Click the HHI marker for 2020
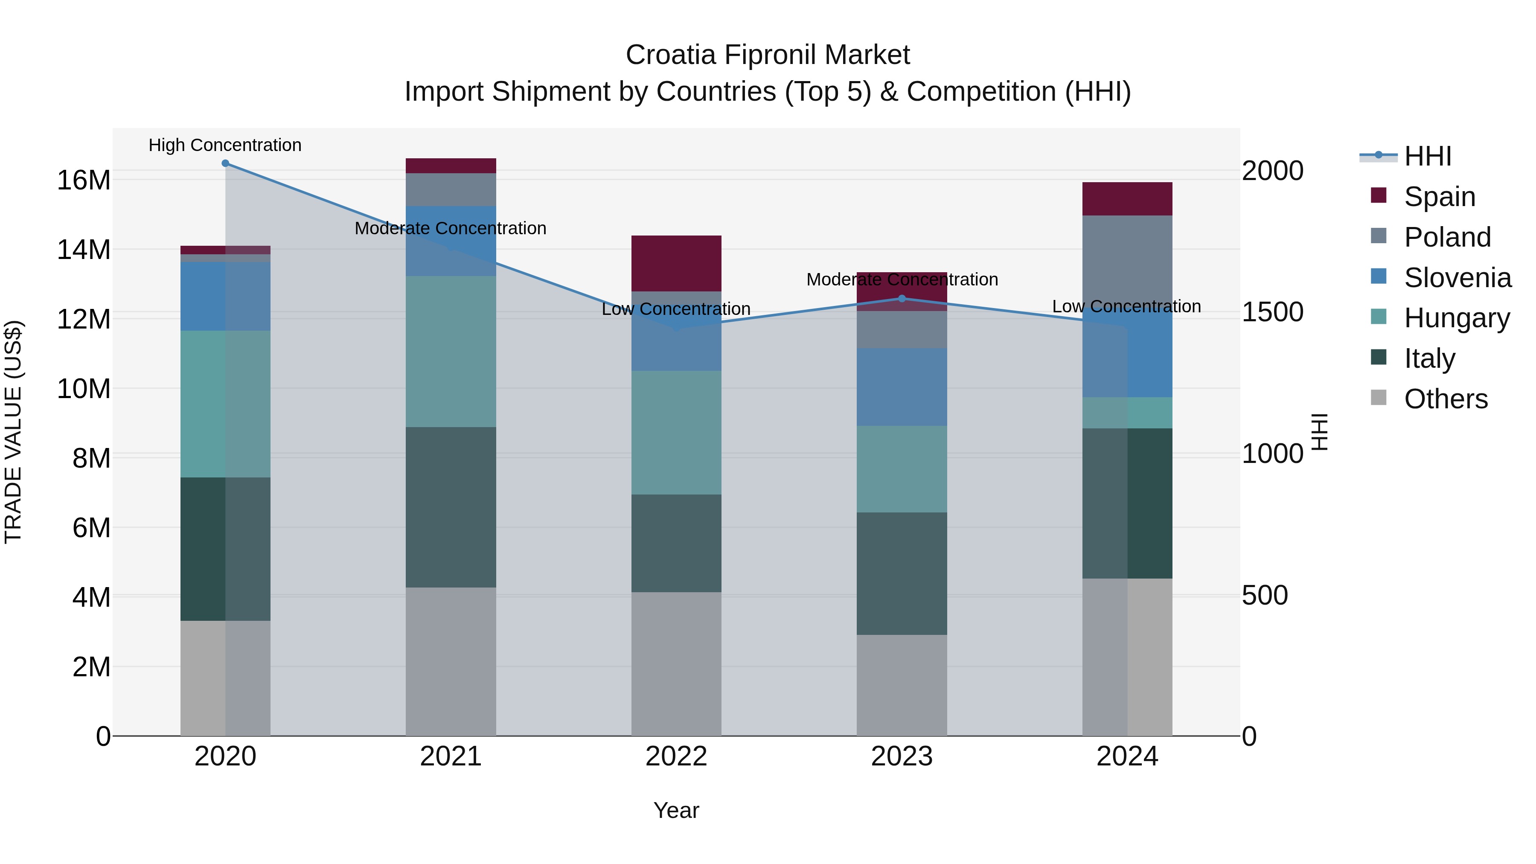225,163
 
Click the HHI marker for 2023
902,298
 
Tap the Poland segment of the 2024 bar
1127,259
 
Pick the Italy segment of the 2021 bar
451,507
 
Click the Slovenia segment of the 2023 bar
902,387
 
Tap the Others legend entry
1446,399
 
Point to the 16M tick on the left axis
84,180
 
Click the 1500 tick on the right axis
1272,312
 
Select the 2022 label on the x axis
676,756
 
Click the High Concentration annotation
225,145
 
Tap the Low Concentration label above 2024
1126,306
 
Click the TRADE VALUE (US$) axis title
13,432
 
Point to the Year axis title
676,810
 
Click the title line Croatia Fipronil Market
768,55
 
